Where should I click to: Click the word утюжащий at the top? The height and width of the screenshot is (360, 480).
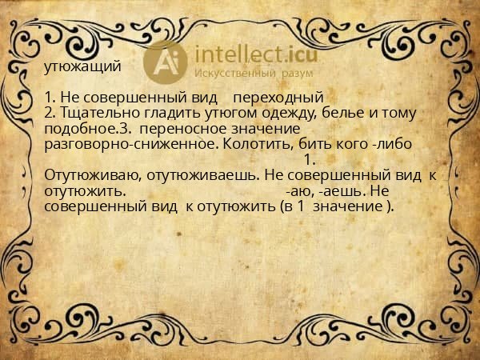pyautogui.click(x=82, y=66)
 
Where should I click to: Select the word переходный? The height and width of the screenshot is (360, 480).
pyautogui.click(x=278, y=98)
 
